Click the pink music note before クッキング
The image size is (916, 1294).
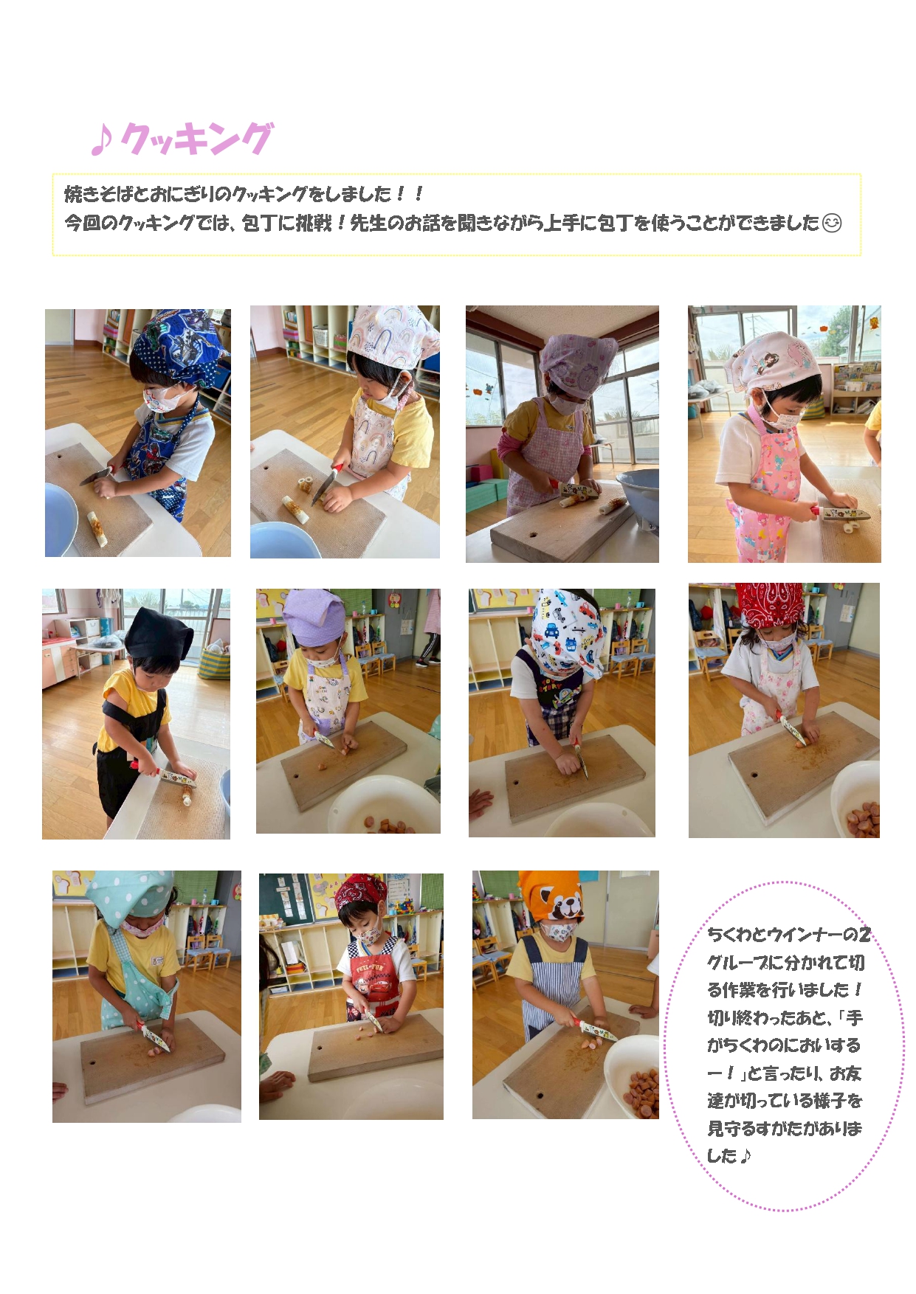(101, 139)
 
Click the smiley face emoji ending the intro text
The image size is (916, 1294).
(832, 223)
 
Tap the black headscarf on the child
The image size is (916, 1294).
(157, 634)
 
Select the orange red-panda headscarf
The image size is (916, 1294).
(551, 896)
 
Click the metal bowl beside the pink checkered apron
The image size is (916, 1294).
(638, 494)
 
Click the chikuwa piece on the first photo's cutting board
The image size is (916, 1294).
(97, 528)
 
